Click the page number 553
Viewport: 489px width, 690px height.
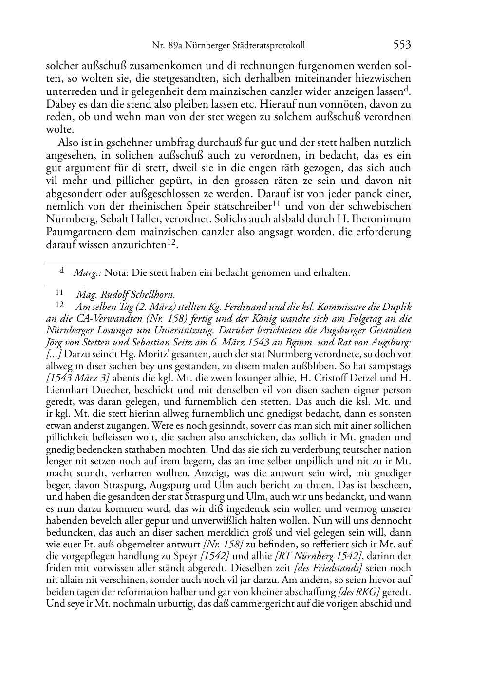(x=402, y=45)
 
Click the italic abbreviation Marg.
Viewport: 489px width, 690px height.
(x=84, y=273)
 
